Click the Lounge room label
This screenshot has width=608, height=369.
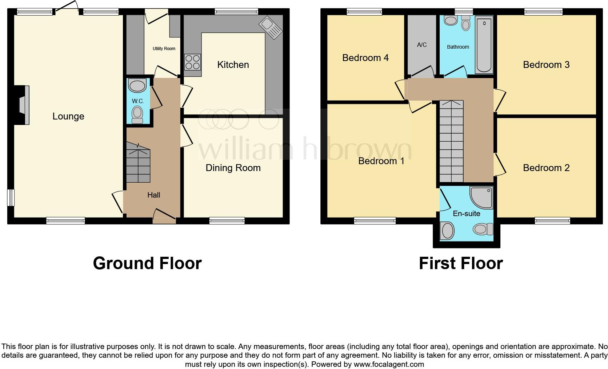tap(68, 116)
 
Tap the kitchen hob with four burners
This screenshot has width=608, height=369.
tap(193, 62)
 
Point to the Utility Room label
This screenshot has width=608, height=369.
tap(164, 49)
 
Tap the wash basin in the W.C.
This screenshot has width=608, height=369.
tap(137, 86)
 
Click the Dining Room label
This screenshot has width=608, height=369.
tap(233, 168)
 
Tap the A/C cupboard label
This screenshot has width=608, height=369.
tap(422, 45)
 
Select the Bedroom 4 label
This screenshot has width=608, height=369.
tap(365, 58)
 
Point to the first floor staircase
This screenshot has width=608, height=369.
tap(452, 142)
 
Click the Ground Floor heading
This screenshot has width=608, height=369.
tap(147, 263)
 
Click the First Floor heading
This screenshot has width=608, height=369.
tap(461, 263)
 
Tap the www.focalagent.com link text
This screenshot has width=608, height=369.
tap(389, 364)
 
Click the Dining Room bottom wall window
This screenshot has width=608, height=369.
tap(227, 220)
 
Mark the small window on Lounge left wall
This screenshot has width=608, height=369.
tap(11, 198)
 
